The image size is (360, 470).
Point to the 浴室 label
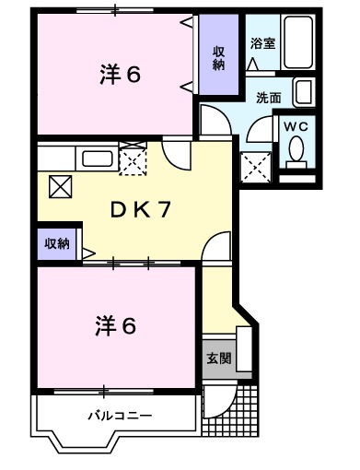(x=261, y=43)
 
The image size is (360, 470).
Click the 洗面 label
(x=269, y=96)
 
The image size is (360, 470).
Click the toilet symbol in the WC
(x=296, y=150)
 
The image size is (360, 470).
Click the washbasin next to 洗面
(x=304, y=92)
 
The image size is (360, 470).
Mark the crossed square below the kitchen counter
(x=59, y=186)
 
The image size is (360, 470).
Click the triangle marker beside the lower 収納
(x=87, y=249)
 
